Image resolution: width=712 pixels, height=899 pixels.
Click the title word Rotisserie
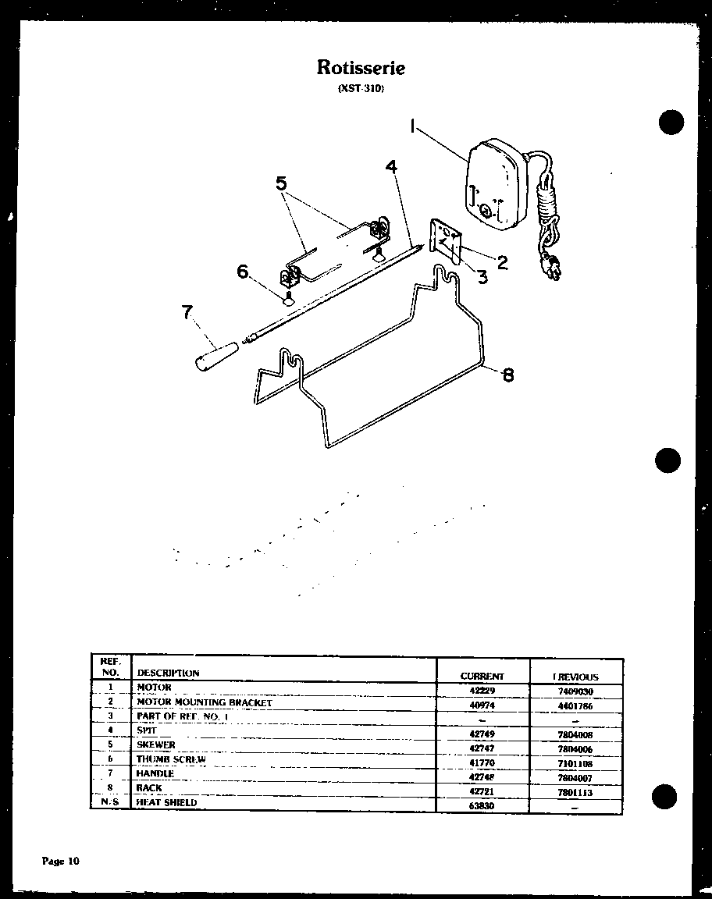click(x=361, y=67)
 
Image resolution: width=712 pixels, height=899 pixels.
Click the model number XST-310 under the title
click(x=361, y=89)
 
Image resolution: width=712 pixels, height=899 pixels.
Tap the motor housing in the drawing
click(x=495, y=185)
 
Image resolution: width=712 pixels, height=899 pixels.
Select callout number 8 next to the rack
click(x=508, y=375)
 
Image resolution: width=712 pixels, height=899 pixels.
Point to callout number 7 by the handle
click(x=187, y=312)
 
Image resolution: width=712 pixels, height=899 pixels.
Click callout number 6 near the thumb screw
click(x=243, y=271)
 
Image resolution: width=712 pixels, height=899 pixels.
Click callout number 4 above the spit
click(x=390, y=167)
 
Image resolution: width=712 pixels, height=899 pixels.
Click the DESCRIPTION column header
click(x=168, y=673)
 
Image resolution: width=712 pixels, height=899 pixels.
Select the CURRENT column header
click(x=482, y=677)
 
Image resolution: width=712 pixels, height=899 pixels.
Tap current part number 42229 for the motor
click(x=482, y=691)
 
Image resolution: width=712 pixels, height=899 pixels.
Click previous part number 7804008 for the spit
click(x=576, y=735)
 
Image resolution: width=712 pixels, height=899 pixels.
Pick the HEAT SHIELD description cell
click(x=167, y=802)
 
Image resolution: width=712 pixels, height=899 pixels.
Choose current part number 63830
click(x=482, y=805)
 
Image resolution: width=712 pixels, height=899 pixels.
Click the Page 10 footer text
click(x=60, y=862)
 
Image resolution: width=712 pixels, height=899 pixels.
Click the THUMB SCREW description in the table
click(x=171, y=759)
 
